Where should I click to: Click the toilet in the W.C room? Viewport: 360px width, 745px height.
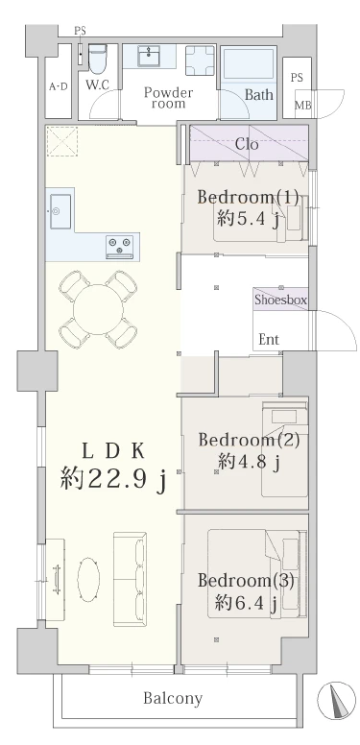click(97, 60)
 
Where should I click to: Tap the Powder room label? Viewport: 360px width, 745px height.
click(169, 99)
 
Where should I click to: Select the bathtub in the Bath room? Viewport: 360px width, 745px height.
click(249, 65)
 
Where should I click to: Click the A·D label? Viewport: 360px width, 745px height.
click(59, 86)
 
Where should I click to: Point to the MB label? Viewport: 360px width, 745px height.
click(302, 105)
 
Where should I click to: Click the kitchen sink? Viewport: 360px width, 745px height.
click(57, 206)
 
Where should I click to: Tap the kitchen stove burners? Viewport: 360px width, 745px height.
click(121, 247)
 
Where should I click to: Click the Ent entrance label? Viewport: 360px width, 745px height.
click(268, 340)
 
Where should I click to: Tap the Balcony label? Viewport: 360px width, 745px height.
click(173, 698)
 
